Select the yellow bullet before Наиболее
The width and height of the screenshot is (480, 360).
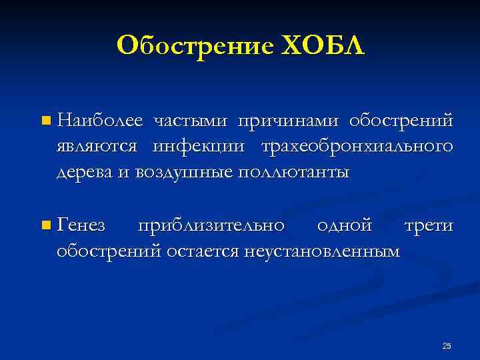click(45, 121)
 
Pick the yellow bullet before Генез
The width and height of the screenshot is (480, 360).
click(45, 226)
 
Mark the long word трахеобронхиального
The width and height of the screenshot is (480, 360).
click(357, 146)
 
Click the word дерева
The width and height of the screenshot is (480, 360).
click(79, 172)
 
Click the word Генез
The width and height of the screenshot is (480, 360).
click(81, 226)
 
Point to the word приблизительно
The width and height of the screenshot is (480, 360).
click(212, 226)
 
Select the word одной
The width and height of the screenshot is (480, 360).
click(344, 226)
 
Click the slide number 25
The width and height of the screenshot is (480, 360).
click(447, 345)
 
